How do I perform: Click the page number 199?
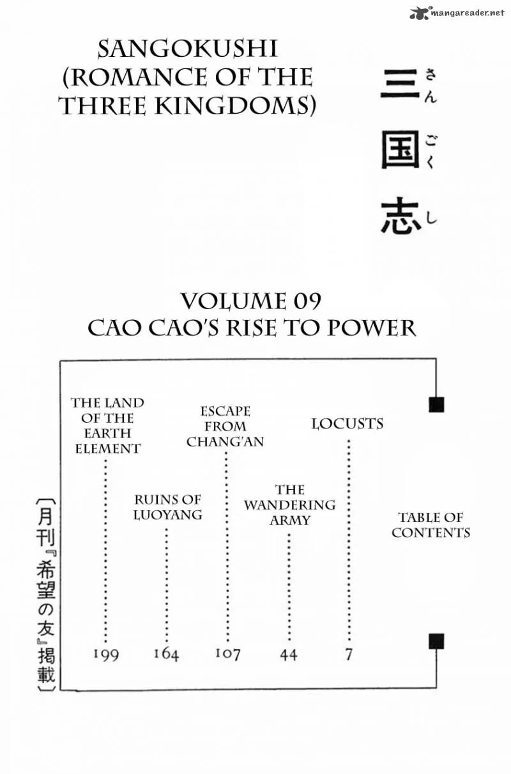click(x=106, y=655)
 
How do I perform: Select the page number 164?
click(x=166, y=654)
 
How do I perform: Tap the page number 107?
click(x=227, y=654)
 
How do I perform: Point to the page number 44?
click(x=289, y=655)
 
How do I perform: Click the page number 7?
click(x=349, y=655)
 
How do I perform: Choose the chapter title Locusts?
click(x=347, y=424)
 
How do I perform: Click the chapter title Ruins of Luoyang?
click(x=167, y=507)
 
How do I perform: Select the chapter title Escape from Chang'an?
click(x=225, y=427)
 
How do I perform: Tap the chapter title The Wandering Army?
click(x=289, y=505)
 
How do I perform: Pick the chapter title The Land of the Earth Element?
click(x=107, y=426)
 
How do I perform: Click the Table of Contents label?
click(x=431, y=525)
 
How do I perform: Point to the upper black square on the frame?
click(x=436, y=405)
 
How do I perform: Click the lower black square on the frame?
click(x=436, y=641)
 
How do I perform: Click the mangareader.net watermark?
click(x=457, y=13)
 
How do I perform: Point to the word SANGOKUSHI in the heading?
click(x=188, y=49)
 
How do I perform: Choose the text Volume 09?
click(x=251, y=301)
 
